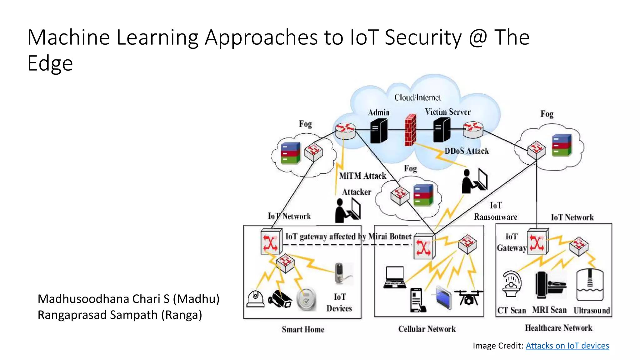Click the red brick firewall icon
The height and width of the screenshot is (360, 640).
pyautogui.click(x=410, y=130)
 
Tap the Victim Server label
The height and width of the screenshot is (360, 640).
pyautogui.click(x=447, y=112)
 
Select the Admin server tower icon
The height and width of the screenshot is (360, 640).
pyautogui.click(x=378, y=131)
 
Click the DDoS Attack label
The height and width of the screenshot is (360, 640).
pyautogui.click(x=467, y=151)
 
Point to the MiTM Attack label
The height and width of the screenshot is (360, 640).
pyautogui.click(x=362, y=176)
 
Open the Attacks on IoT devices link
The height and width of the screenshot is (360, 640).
pyautogui.click(x=567, y=346)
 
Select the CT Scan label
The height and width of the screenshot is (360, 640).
pyautogui.click(x=512, y=310)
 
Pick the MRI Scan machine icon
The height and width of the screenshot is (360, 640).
pyautogui.click(x=549, y=285)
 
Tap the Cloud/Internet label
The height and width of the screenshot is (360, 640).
pyautogui.click(x=417, y=97)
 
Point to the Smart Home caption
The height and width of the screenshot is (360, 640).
pyautogui.click(x=303, y=329)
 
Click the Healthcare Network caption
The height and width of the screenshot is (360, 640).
pyautogui.click(x=558, y=328)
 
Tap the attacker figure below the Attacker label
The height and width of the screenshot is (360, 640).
pyautogui.click(x=347, y=211)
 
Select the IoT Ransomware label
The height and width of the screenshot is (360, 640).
pyautogui.click(x=495, y=211)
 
